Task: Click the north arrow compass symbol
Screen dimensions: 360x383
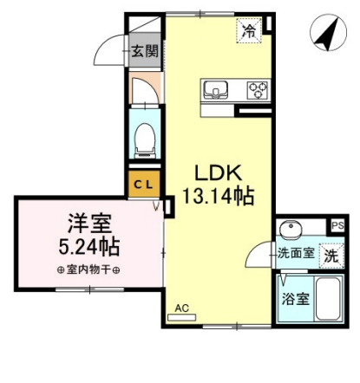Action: [328, 33]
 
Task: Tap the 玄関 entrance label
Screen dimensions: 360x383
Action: [145, 51]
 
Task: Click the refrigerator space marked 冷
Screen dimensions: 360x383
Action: [249, 30]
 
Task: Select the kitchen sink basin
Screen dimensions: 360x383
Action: [215, 89]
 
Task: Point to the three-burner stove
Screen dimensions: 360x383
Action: [258, 90]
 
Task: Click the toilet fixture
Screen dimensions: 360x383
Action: [145, 140]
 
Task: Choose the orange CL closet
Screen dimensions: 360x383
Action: [144, 185]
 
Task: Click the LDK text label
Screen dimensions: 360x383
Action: [218, 172]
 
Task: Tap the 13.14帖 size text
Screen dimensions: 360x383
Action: [218, 196]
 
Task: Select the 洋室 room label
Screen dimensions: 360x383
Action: [89, 224]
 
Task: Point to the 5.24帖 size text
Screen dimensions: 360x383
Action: [89, 246]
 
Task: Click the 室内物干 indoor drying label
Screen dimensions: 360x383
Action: [88, 270]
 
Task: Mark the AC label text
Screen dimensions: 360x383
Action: [182, 308]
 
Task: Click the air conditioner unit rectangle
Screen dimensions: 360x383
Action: [182, 317]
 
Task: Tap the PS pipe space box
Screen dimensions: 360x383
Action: [337, 225]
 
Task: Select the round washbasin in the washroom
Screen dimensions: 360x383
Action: [291, 230]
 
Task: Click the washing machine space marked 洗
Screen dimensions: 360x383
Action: [331, 256]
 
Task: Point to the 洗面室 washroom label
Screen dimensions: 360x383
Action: [296, 254]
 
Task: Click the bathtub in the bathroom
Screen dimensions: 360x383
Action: [328, 299]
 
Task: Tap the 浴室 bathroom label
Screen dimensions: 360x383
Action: [296, 299]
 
